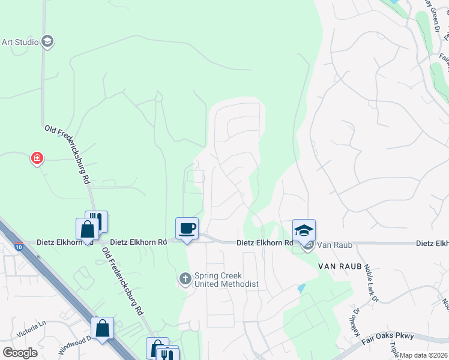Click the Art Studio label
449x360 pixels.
pyautogui.click(x=20, y=42)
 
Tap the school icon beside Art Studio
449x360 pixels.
pyautogui.click(x=48, y=41)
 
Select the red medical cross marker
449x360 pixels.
pyautogui.click(x=37, y=158)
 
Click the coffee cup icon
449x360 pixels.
pyautogui.click(x=187, y=228)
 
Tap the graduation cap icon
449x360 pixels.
pyautogui.click(x=304, y=230)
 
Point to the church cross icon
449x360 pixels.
pyautogui.click(x=185, y=278)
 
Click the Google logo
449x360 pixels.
pyautogui.click(x=20, y=352)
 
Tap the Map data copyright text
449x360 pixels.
pyautogui.click(x=423, y=355)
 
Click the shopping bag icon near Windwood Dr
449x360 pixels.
pyautogui.click(x=102, y=328)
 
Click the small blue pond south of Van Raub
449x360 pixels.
pyautogui.click(x=301, y=288)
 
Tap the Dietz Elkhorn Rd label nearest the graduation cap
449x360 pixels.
pyautogui.click(x=264, y=243)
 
